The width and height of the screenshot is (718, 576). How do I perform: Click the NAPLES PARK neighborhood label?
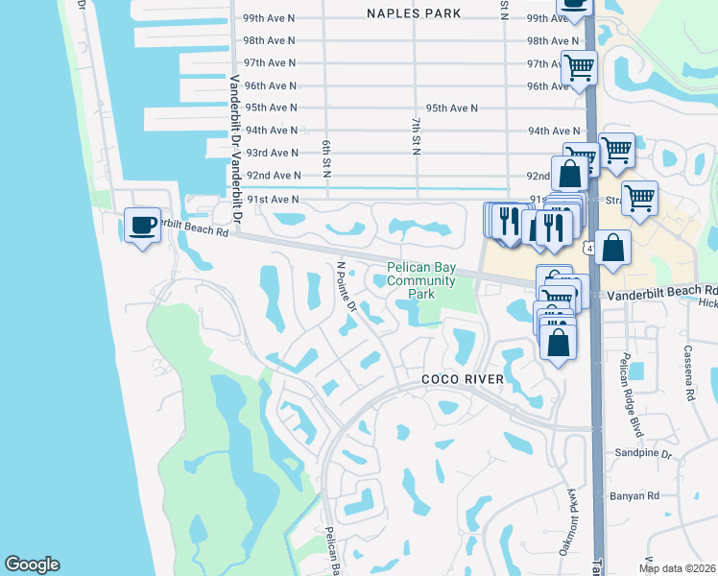coord(414,13)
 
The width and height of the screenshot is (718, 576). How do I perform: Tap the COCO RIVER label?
coord(464,380)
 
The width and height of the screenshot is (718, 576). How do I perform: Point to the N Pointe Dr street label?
coord(347,288)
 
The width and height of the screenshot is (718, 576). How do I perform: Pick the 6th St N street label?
coord(326,159)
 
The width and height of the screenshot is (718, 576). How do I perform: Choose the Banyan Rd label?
coord(634,496)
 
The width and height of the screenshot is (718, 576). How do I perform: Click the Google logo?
coord(32,564)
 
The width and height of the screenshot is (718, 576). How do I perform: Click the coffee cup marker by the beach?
coord(142,226)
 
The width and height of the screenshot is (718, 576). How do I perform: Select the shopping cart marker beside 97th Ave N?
coord(579,68)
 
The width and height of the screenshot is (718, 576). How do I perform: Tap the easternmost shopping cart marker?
coord(638,198)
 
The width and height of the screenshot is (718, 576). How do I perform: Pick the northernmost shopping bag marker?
coord(570,174)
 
